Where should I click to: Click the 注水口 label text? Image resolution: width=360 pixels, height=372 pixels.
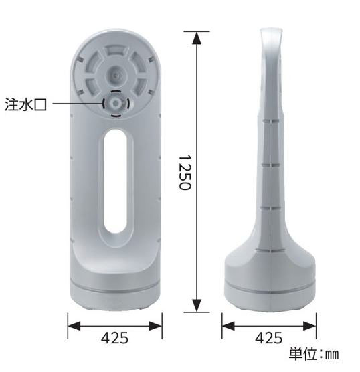[25, 104]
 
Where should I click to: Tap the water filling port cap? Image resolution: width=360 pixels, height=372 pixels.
[116, 104]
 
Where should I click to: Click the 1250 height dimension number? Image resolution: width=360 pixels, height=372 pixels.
[185, 172]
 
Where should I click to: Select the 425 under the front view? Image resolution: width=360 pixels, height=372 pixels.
[115, 338]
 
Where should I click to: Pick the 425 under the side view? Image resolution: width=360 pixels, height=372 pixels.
[269, 338]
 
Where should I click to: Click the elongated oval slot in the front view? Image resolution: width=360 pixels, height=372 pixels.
[116, 181]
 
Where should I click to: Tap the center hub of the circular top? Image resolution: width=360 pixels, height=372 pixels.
[116, 76]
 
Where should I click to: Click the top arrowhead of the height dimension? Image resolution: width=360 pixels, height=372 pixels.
[197, 38]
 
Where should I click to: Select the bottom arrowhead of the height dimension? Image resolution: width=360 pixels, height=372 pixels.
[197, 306]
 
